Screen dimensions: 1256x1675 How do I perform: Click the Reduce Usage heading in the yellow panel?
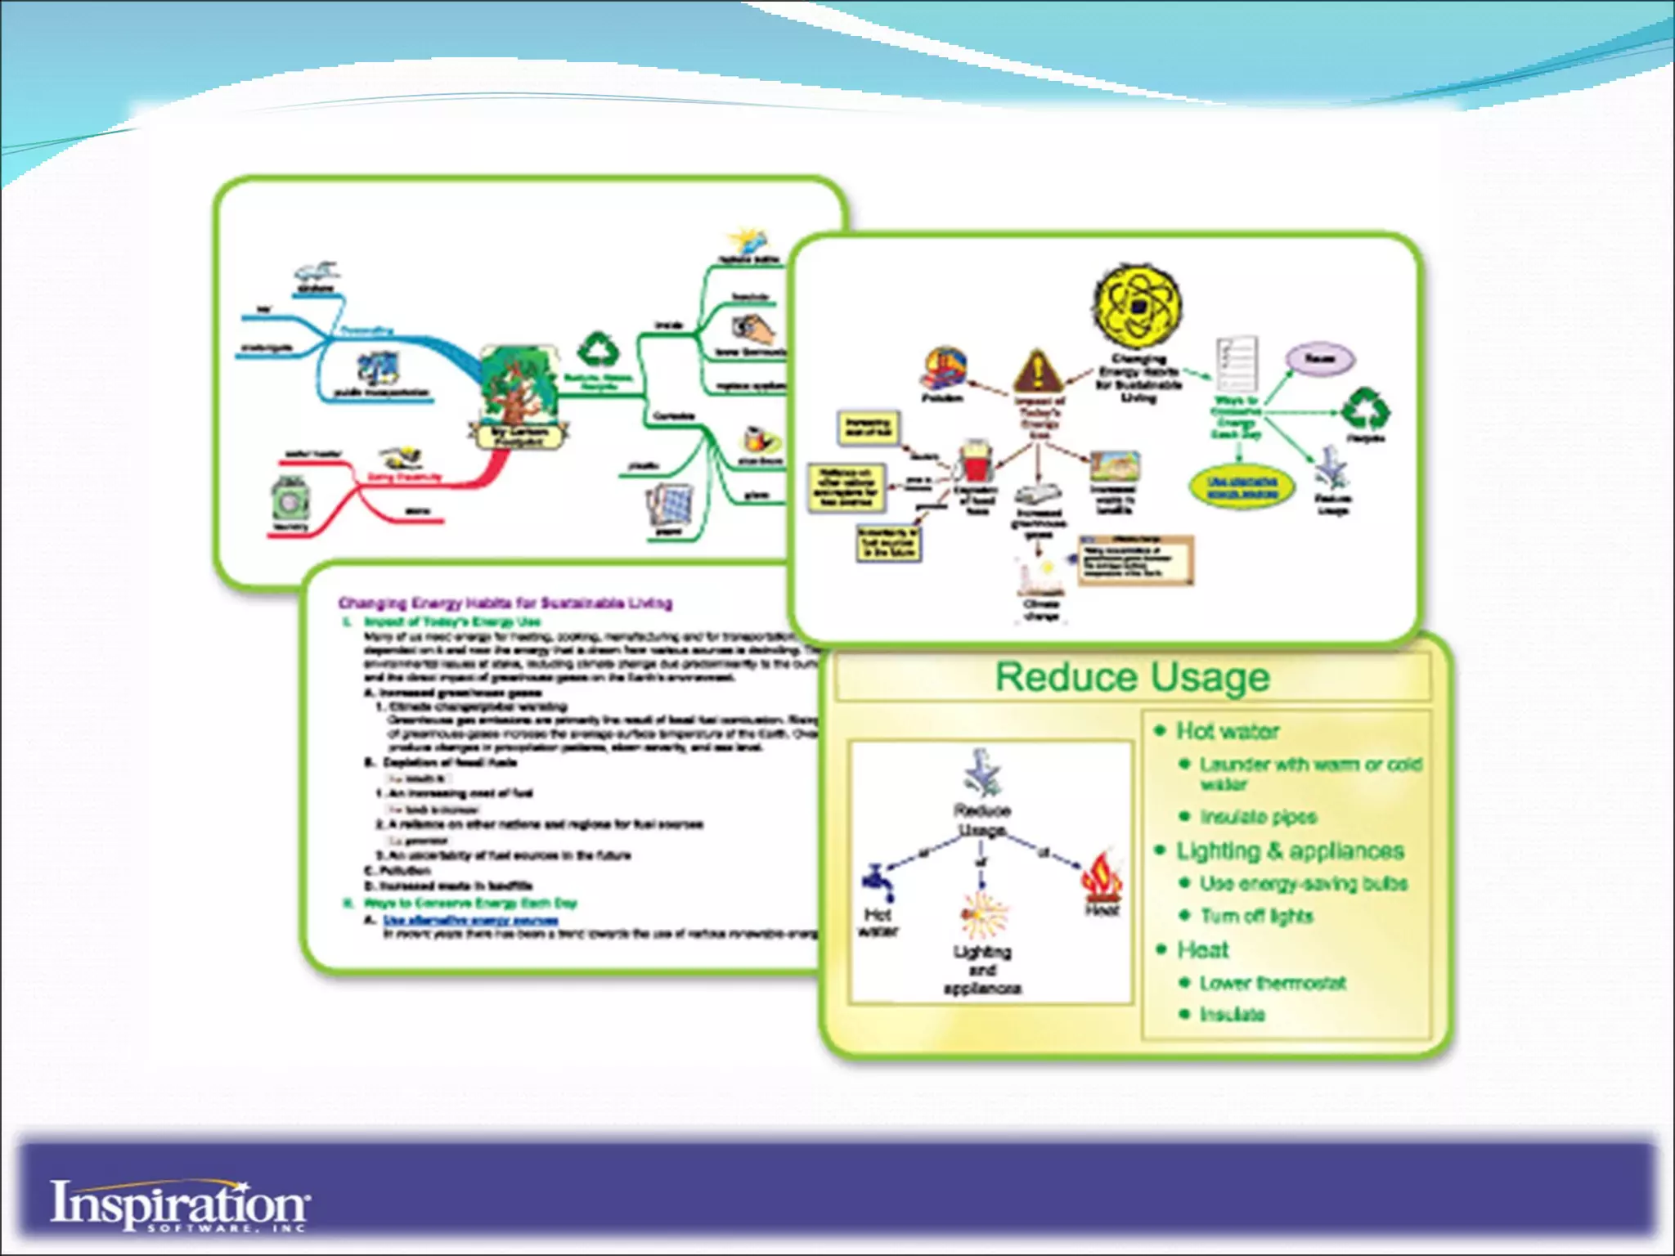[1132, 678]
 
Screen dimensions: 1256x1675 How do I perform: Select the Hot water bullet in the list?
[1227, 731]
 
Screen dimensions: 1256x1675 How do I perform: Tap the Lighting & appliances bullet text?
[1290, 851]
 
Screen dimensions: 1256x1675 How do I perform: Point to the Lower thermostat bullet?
[1272, 983]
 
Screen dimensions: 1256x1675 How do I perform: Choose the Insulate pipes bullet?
[1258, 817]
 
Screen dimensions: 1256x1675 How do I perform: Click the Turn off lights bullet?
[1256, 916]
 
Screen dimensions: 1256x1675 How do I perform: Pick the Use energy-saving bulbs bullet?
[1303, 884]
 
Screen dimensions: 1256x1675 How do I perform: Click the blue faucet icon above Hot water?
[878, 882]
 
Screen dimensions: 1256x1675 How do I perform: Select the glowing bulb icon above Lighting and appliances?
[983, 913]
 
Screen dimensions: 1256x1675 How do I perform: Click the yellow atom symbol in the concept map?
[1137, 306]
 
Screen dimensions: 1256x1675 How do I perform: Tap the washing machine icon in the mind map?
[290, 497]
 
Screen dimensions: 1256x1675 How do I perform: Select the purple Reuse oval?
[1320, 359]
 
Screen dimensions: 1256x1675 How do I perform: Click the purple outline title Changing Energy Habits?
[505, 603]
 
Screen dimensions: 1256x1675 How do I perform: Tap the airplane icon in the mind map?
[317, 271]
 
